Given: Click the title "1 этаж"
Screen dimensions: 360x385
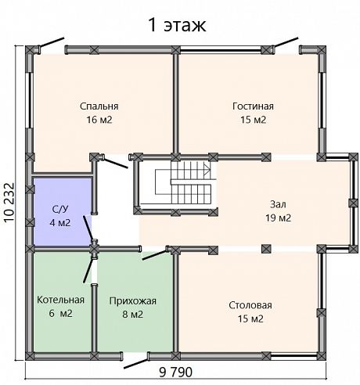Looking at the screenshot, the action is pyautogui.click(x=177, y=25).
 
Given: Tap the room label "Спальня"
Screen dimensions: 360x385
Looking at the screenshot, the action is pyautogui.click(x=99, y=106).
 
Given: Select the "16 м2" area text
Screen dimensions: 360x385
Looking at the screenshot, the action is pyautogui.click(x=99, y=120).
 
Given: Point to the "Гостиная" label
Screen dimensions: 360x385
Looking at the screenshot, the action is pyautogui.click(x=253, y=106).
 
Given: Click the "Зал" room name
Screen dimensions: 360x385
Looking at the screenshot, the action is pyautogui.click(x=278, y=204).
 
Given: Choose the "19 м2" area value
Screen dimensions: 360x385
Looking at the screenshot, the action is pyautogui.click(x=278, y=218).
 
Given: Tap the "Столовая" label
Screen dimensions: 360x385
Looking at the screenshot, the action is pyautogui.click(x=250, y=305).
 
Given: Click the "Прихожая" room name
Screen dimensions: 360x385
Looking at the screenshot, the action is pyautogui.click(x=133, y=301).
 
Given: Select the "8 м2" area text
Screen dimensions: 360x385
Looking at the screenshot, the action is pyautogui.click(x=133, y=315).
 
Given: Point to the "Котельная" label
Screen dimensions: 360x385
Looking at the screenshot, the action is pyautogui.click(x=60, y=300).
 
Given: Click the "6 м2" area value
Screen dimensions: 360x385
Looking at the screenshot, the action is pyautogui.click(x=60, y=313).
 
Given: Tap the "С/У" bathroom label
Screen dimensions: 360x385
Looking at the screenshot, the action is pyautogui.click(x=60, y=210).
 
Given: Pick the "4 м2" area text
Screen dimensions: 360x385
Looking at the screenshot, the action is pyautogui.click(x=60, y=223).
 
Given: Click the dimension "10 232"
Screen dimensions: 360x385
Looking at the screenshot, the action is pyautogui.click(x=9, y=203).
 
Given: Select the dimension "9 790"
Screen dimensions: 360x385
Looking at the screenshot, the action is pyautogui.click(x=175, y=372).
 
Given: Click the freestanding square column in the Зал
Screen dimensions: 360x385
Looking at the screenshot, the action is pyautogui.click(x=266, y=249).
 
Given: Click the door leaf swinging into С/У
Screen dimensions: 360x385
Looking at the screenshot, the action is pyautogui.click(x=88, y=227).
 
